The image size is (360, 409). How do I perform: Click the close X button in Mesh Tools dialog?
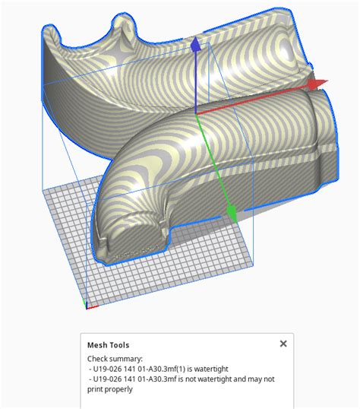tap(283, 344)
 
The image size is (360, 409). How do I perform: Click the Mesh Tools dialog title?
tap(108, 344)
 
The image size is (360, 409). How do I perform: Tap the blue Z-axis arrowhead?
tap(195, 46)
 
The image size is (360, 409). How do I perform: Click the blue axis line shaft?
tap(195, 84)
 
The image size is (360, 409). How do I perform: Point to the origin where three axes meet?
tap(196, 114)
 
